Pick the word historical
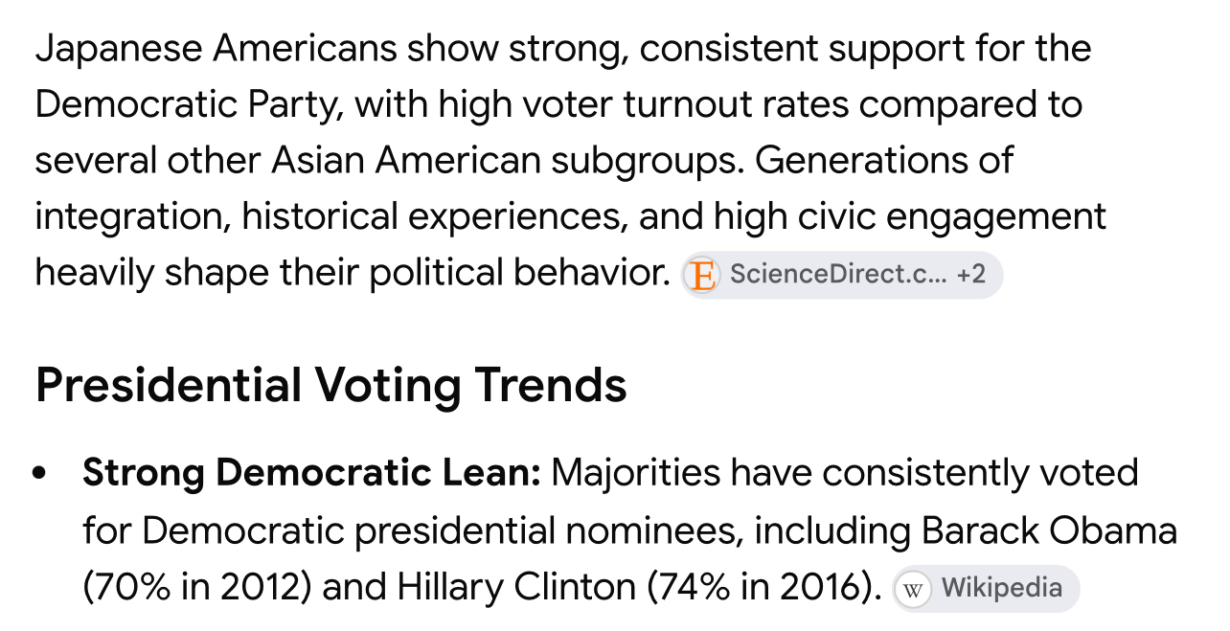pyautogui.click(x=320, y=215)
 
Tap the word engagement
pyautogui.click(x=995, y=217)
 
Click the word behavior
pyautogui.click(x=592, y=272)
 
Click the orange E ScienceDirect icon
pyautogui.click(x=702, y=275)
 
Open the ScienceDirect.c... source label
pyautogui.click(x=838, y=274)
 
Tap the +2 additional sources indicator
pyautogui.click(x=970, y=274)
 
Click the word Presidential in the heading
pyautogui.click(x=169, y=385)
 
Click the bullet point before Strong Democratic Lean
pyautogui.click(x=39, y=473)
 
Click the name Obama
pyautogui.click(x=1113, y=530)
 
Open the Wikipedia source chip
pyautogui.click(x=986, y=589)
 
